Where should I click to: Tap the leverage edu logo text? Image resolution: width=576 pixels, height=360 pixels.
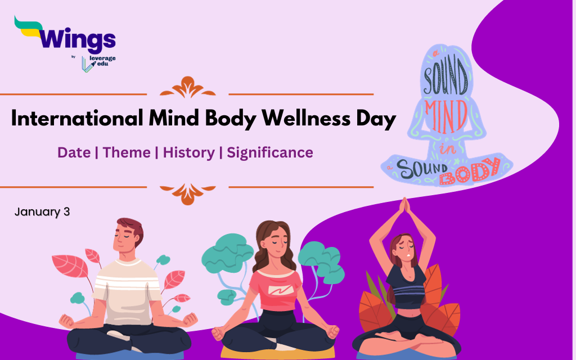coord(102,61)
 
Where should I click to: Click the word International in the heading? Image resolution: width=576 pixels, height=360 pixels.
coord(77,118)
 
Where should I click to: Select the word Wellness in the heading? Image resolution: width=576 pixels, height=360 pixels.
coord(305,118)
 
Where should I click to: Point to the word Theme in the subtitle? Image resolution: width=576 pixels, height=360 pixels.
coord(127,152)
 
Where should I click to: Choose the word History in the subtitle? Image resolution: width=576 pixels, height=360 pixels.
coord(189,153)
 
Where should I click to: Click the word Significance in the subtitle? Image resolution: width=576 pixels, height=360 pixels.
coord(270,153)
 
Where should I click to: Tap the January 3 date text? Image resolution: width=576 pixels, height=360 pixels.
coord(42,211)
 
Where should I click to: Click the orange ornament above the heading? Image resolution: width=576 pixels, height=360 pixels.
coord(188,87)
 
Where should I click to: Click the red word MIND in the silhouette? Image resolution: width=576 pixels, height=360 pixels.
coord(446,116)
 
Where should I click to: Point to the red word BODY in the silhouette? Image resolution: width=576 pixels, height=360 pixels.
coord(470,171)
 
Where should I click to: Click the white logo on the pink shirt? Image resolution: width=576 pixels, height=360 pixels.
coord(281,290)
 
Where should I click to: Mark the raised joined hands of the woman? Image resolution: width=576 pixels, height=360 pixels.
coord(404,206)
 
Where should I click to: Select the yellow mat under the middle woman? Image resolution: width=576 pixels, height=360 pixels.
coord(277,352)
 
